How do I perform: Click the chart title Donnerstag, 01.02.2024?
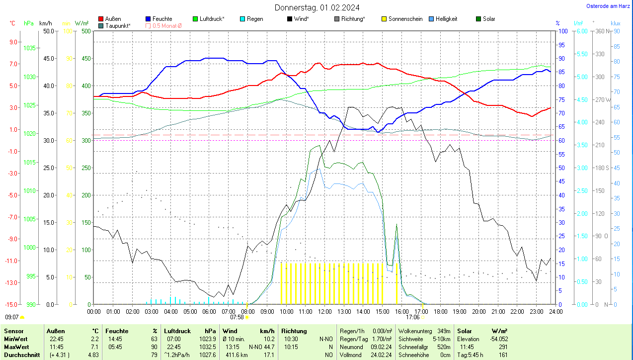pos(317,7)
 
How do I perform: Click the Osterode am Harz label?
pos(609,6)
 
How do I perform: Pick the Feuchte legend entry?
pos(162,19)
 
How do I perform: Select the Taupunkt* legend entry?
pos(117,25)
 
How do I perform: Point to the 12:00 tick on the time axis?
pos(324,311)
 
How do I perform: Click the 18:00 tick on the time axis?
pos(440,311)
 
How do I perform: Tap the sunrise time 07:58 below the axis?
pos(237,317)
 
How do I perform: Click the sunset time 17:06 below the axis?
pos(413,317)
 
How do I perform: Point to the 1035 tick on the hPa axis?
pos(30,48)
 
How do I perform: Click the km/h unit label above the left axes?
pos(45,23)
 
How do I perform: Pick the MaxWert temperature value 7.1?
pos(94,347)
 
